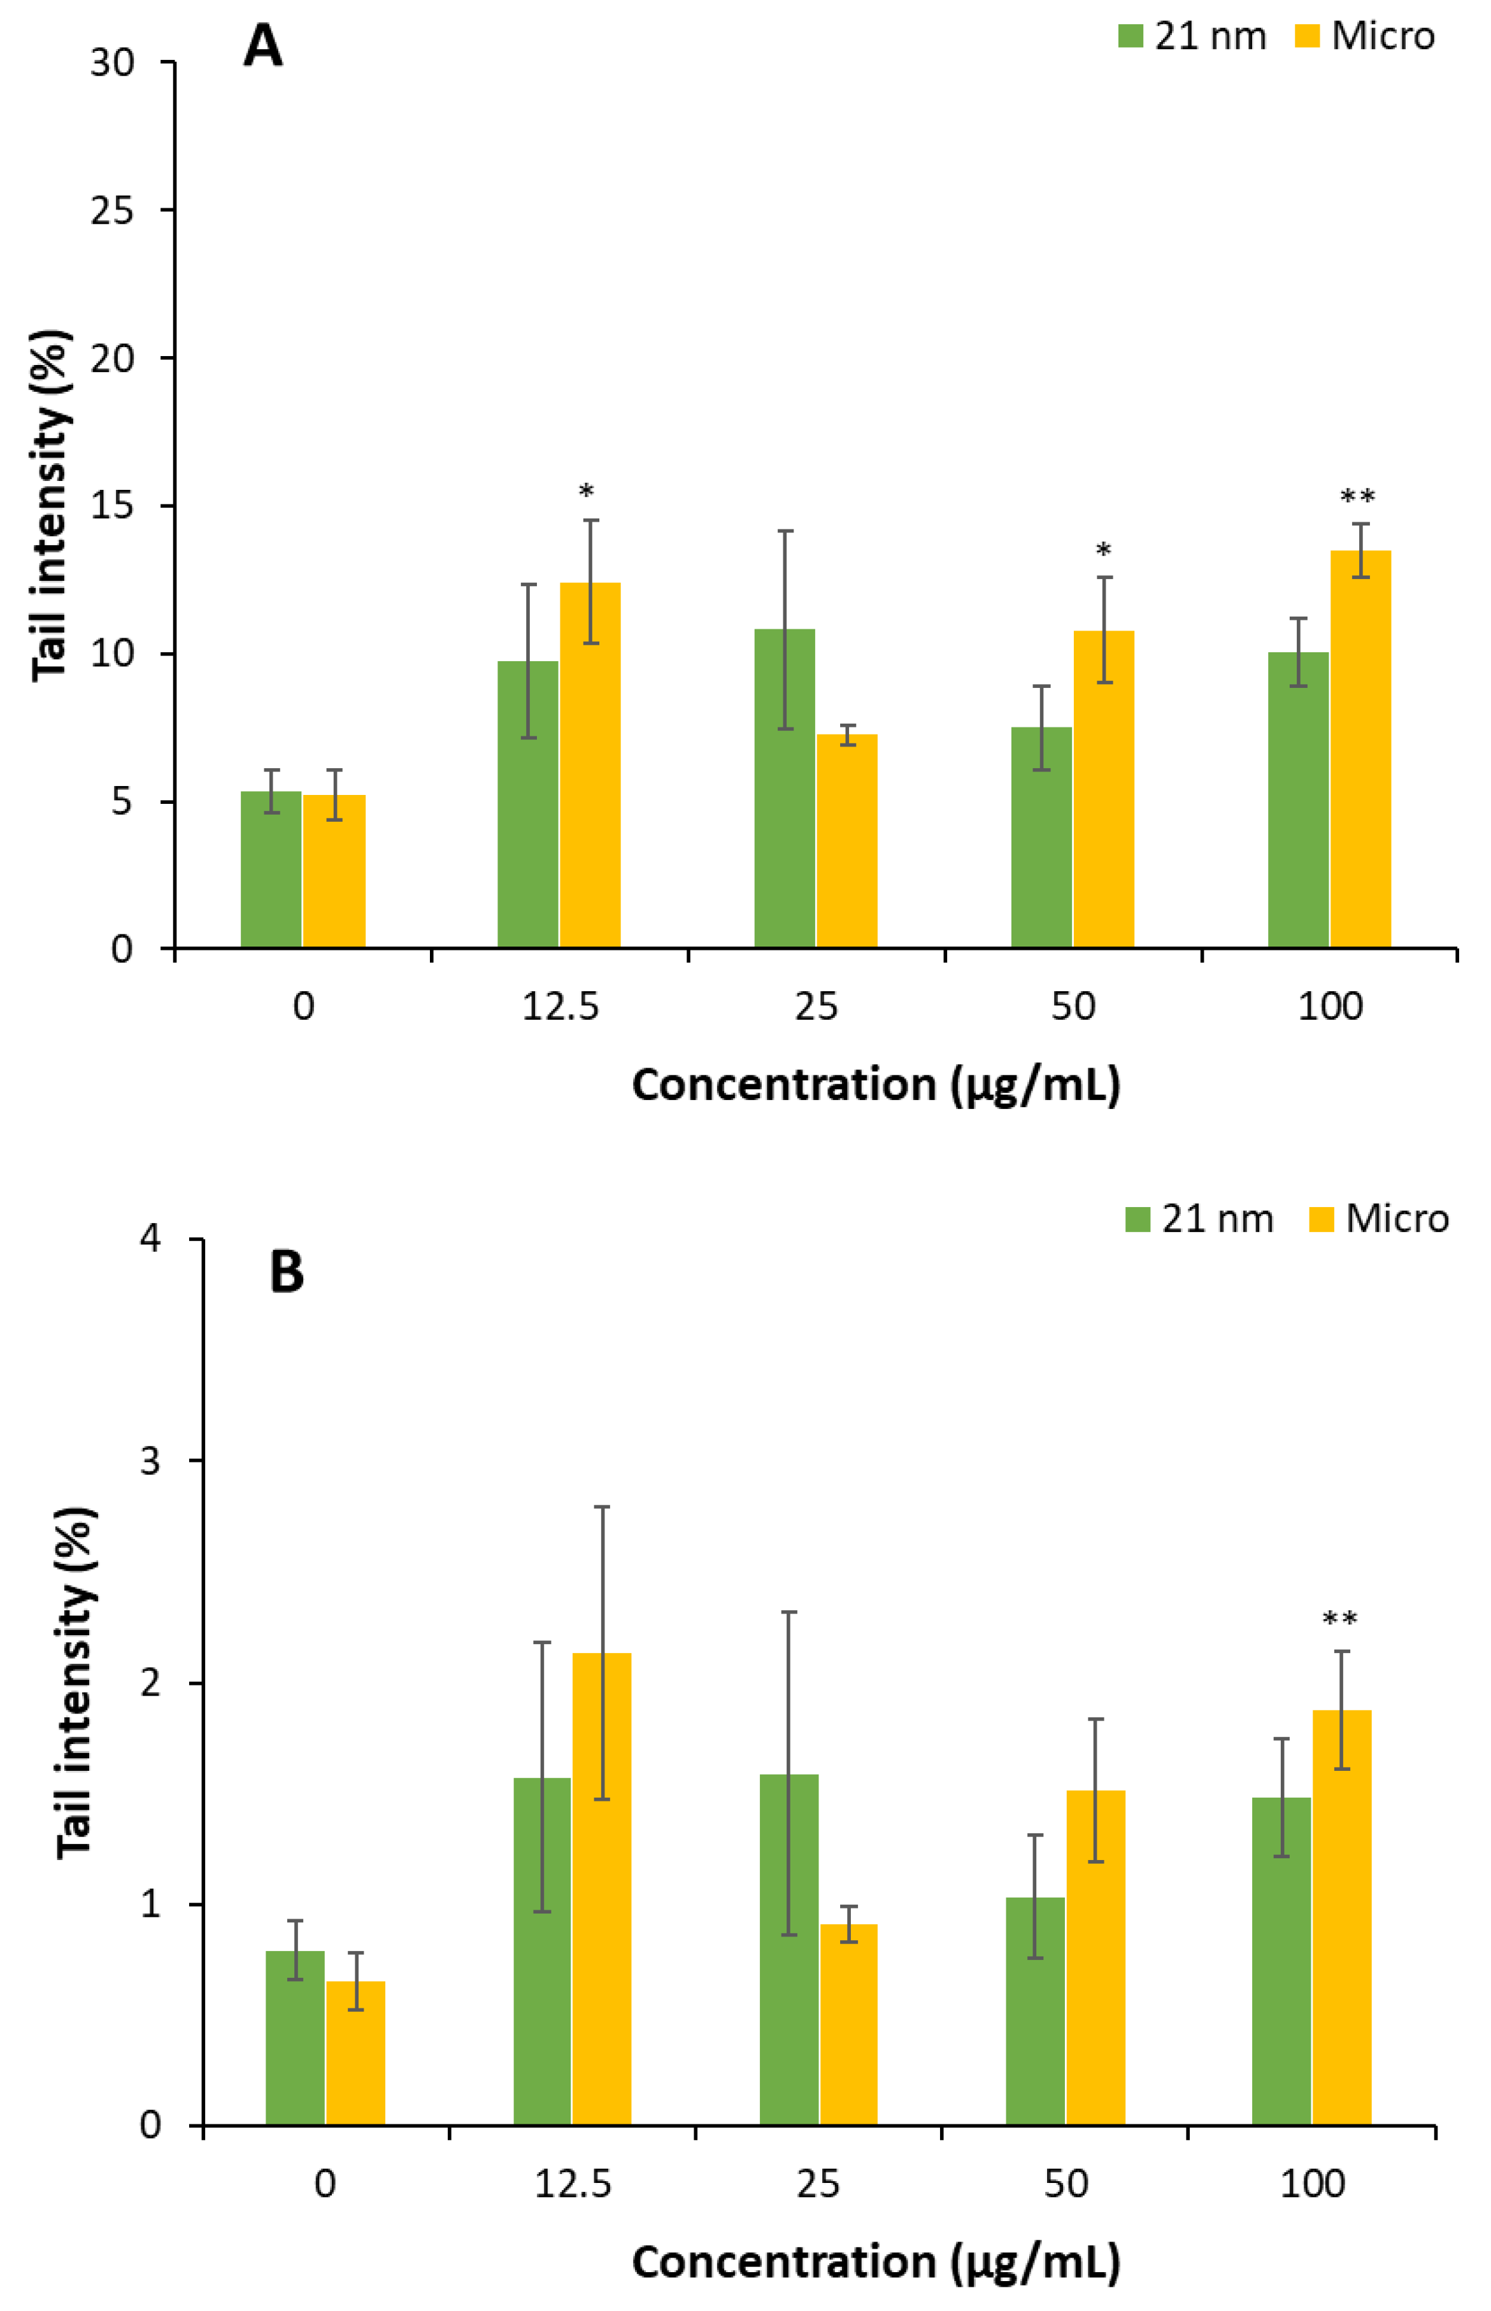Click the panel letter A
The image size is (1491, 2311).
coord(262,45)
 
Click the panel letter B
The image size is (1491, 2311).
coord(287,1272)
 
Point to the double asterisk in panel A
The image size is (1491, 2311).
coord(1357,497)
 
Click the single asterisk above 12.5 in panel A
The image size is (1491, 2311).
coord(586,492)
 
